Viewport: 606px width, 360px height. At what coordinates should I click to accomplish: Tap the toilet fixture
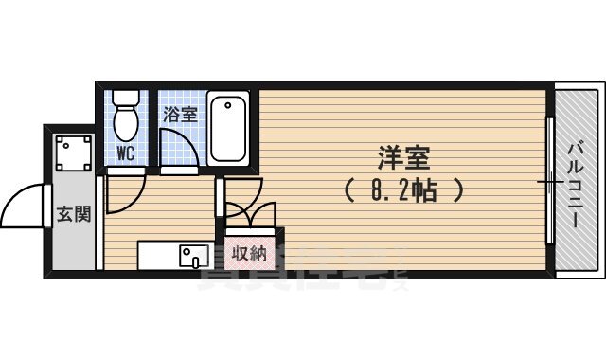(x=125, y=118)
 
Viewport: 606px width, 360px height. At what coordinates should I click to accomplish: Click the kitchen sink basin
(x=195, y=255)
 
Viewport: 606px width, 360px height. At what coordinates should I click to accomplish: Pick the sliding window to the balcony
(x=550, y=180)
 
